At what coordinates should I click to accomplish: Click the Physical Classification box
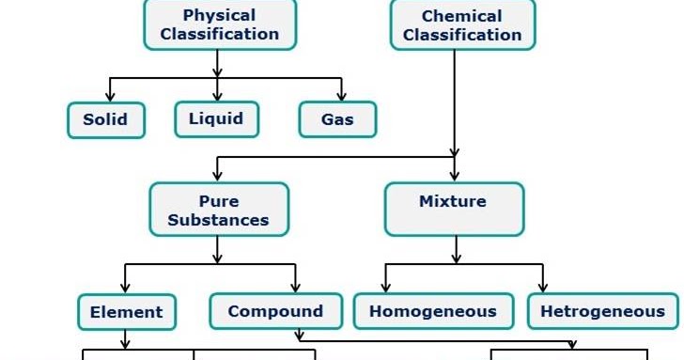219,24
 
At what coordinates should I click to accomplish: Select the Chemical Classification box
462,24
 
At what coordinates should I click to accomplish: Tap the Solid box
105,120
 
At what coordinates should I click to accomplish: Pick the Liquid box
216,118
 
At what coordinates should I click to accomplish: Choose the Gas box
337,120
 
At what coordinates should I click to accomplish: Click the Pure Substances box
218,210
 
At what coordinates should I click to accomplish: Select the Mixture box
454,209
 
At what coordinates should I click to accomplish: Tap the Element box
126,311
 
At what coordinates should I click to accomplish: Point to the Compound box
275,311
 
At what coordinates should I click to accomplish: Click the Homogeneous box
432,311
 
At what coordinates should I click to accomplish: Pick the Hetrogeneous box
602,311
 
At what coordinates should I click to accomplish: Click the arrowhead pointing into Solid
109,96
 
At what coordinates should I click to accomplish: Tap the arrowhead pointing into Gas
340,96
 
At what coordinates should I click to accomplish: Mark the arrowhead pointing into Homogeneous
386,288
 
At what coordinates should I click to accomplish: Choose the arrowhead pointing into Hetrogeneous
542,288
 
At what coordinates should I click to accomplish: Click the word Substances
218,221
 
